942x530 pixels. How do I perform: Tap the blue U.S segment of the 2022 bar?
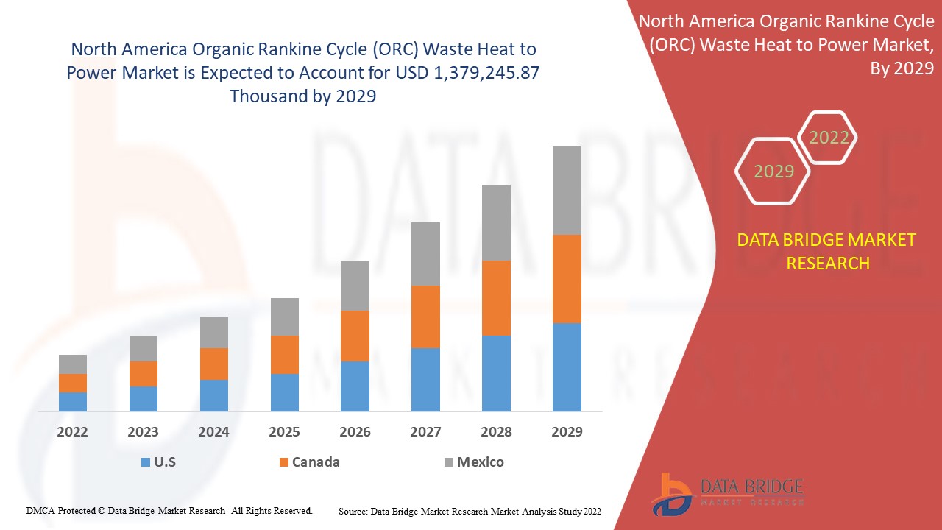pyautogui.click(x=73, y=401)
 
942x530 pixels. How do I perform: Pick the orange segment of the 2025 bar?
pyautogui.click(x=285, y=355)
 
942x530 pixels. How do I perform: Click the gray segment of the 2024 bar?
pyautogui.click(x=214, y=333)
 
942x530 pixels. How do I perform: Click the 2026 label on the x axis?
pyautogui.click(x=355, y=432)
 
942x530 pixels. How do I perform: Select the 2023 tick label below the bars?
pyautogui.click(x=143, y=432)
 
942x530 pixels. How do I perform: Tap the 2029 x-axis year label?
pyautogui.click(x=567, y=432)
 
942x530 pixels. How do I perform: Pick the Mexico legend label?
pyautogui.click(x=480, y=462)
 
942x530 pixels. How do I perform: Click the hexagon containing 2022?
pyautogui.click(x=829, y=138)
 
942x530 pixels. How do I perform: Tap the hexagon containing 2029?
pyautogui.click(x=773, y=172)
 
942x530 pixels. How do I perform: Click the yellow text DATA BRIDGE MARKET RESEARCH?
pyautogui.click(x=827, y=252)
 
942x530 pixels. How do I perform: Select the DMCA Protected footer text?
pyautogui.click(x=169, y=510)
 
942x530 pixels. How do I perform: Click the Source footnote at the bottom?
pyautogui.click(x=470, y=510)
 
